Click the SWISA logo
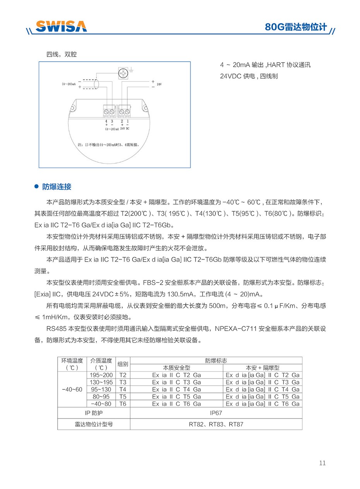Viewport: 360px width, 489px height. pyautogui.click(x=61, y=26)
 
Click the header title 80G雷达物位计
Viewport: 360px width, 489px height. pyautogui.click(x=296, y=27)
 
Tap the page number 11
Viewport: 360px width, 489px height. pyautogui.click(x=322, y=463)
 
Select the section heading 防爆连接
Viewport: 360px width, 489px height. pyautogui.click(x=57, y=187)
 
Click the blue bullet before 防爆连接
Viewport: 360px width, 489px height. pyautogui.click(x=37, y=187)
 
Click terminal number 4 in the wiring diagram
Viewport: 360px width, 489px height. pyautogui.click(x=106, y=121)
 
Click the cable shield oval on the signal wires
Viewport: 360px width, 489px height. pyautogui.click(x=96, y=84)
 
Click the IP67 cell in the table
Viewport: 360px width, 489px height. pyautogui.click(x=216, y=413)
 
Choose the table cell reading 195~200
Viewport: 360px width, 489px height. pyautogui.click(x=101, y=375)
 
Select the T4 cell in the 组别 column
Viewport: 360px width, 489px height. pyautogui.click(x=123, y=389)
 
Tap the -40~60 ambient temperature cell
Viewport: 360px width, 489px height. pyautogui.click(x=72, y=389)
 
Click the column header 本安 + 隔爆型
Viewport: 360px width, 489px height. pyautogui.click(x=262, y=368)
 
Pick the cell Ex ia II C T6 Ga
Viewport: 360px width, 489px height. pyautogui.click(x=177, y=404)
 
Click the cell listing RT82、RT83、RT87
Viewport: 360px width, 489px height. pyautogui.click(x=216, y=424)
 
